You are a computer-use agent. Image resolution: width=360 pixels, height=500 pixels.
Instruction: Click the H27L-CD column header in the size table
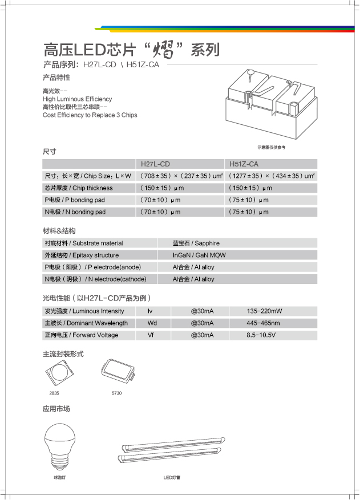tap(155, 164)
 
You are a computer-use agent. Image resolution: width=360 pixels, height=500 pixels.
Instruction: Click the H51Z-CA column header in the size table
tap(244, 164)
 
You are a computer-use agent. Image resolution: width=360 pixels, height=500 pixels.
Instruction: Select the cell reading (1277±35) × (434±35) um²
tap(272, 176)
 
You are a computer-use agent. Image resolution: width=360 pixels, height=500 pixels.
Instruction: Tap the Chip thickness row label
tap(79, 188)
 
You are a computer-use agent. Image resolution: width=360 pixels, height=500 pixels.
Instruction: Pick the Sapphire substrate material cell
tap(196, 243)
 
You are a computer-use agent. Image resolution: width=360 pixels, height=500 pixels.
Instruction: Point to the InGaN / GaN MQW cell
tap(199, 255)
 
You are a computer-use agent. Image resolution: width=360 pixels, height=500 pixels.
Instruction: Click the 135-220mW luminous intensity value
tap(264, 311)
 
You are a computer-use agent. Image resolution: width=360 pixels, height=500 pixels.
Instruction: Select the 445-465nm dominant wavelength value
tap(263, 323)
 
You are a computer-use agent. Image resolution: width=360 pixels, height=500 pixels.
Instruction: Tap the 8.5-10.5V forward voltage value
tap(261, 335)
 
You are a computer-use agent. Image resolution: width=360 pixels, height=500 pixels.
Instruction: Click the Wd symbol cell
tap(152, 323)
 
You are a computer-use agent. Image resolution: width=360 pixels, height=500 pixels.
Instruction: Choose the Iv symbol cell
tap(151, 311)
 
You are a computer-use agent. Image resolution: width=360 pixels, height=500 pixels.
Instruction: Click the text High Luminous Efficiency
tap(77, 99)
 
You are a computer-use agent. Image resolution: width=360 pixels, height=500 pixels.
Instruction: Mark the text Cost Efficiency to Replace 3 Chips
tap(90, 115)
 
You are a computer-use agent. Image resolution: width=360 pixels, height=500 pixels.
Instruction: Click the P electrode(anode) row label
tap(92, 267)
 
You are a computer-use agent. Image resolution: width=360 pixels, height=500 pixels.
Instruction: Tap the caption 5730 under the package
tap(116, 393)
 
